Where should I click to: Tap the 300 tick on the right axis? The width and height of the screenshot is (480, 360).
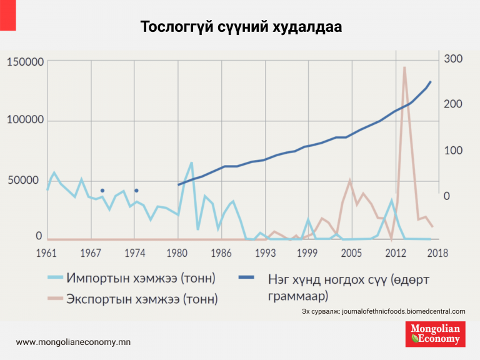(452, 59)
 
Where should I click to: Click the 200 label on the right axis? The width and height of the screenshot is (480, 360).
(452, 104)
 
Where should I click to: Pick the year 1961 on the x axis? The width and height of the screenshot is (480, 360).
(47, 253)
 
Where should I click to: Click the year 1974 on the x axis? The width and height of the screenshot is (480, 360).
(135, 253)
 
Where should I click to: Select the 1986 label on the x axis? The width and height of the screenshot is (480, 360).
(221, 253)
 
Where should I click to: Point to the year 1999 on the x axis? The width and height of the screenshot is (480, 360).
(307, 253)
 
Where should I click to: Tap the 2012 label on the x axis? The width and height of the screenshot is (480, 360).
(394, 253)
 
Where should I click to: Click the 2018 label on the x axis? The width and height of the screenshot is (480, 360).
(437, 253)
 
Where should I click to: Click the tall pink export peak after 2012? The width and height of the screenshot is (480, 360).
(404, 67)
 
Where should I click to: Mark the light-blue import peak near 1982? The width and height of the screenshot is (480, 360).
(191, 163)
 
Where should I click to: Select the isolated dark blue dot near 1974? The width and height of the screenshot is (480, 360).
(136, 191)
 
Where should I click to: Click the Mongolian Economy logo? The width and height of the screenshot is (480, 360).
(435, 333)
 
